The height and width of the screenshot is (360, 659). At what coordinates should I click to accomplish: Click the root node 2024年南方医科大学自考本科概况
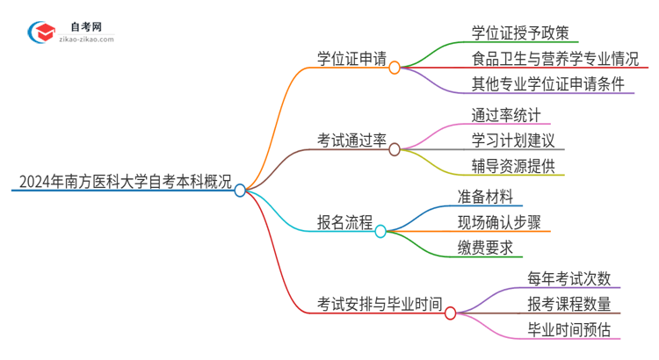click(x=124, y=183)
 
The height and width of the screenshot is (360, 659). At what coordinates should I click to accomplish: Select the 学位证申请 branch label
click(x=352, y=58)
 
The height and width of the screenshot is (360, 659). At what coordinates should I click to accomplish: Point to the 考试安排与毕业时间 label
click(x=380, y=304)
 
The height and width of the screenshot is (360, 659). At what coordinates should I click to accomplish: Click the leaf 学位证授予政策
click(x=513, y=32)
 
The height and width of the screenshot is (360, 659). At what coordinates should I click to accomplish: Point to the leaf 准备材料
click(x=485, y=197)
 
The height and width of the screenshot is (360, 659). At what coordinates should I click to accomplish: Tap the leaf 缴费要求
click(x=485, y=248)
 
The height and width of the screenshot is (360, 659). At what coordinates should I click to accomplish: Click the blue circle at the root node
click(x=240, y=190)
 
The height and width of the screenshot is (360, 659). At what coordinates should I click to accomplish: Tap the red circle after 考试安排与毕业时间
click(x=451, y=313)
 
